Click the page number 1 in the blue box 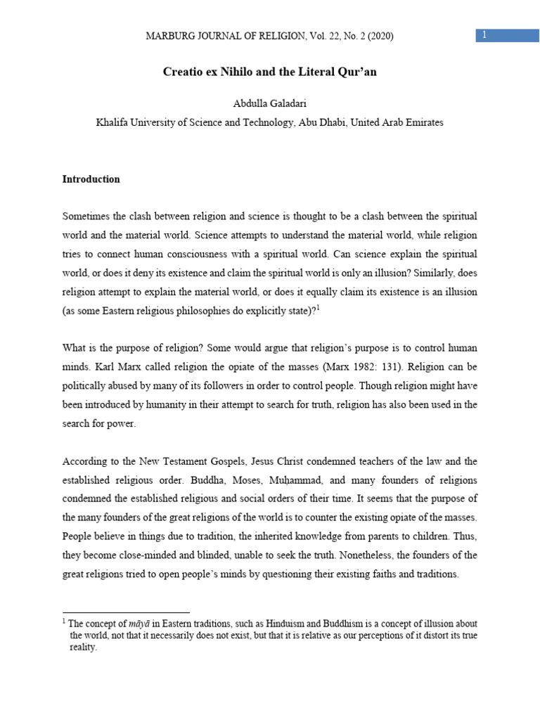pyautogui.click(x=483, y=35)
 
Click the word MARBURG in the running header pyautogui.click(x=169, y=36)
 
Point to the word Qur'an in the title pyautogui.click(x=357, y=72)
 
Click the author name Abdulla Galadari pyautogui.click(x=269, y=104)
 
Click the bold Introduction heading pyautogui.click(x=91, y=179)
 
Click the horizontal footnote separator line pyautogui.click(x=126, y=612)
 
